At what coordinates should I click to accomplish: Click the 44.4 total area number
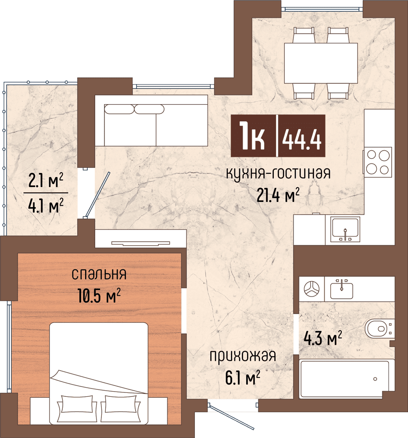302,137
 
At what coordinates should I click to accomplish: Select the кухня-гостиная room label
278,173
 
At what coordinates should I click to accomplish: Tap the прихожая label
242,356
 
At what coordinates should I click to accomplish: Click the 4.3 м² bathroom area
322,338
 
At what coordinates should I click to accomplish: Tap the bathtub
344,379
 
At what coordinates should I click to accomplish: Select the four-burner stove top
378,162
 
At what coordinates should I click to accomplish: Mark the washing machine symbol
312,289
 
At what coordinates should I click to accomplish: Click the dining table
321,63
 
